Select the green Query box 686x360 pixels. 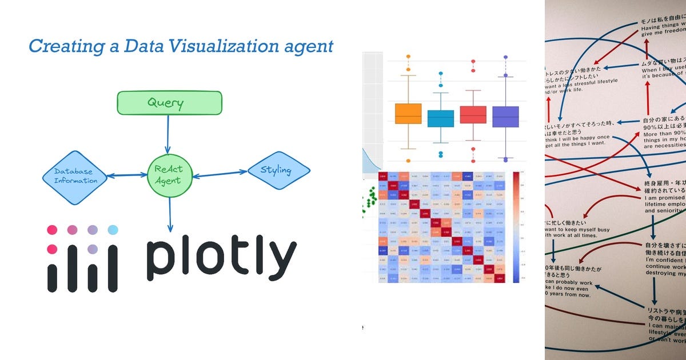(169, 103)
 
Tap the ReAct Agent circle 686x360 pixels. (169, 175)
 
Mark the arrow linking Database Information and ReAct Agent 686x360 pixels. (127, 175)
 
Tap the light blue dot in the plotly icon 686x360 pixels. (113, 230)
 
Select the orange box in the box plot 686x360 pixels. (408, 114)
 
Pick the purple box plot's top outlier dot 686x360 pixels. (505, 57)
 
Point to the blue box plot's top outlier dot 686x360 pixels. (440, 73)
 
